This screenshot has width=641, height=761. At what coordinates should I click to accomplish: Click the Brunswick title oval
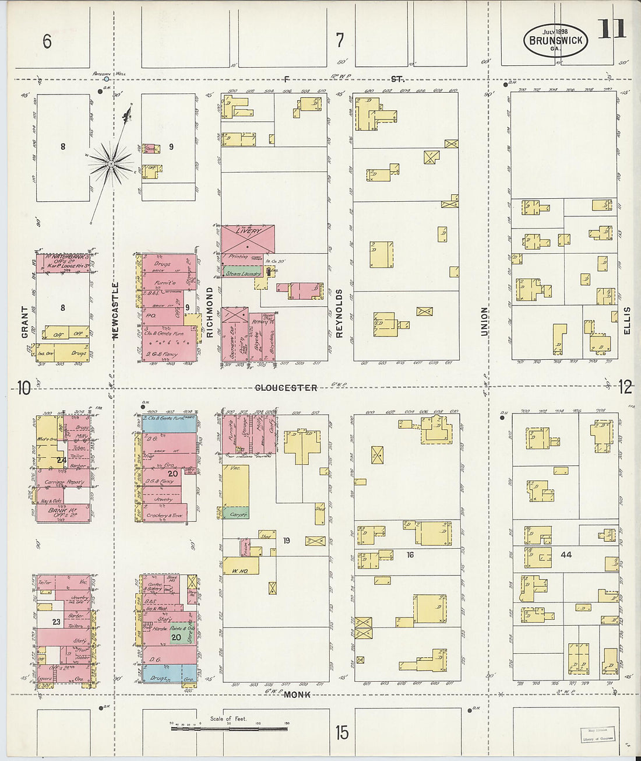click(555, 40)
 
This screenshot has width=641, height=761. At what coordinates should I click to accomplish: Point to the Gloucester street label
click(286, 388)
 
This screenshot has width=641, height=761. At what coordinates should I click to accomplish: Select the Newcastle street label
click(115, 310)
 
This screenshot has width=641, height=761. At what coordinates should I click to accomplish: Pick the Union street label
click(484, 321)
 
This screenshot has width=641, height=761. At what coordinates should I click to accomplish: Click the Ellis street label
click(627, 321)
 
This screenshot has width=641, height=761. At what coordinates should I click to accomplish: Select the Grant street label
click(25, 322)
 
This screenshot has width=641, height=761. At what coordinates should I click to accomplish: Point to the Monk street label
click(297, 695)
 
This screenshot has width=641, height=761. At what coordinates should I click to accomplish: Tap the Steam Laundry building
click(243, 273)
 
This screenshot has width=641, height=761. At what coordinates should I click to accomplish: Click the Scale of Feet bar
click(229, 728)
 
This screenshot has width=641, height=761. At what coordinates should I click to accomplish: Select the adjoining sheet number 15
click(342, 732)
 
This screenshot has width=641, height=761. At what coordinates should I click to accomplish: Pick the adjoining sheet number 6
click(47, 41)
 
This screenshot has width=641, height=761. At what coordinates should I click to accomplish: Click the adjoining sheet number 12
click(625, 387)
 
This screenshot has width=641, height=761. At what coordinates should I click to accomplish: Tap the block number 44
click(566, 555)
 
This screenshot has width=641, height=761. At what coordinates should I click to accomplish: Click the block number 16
click(410, 555)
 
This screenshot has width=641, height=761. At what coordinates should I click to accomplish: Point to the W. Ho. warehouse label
click(240, 571)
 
